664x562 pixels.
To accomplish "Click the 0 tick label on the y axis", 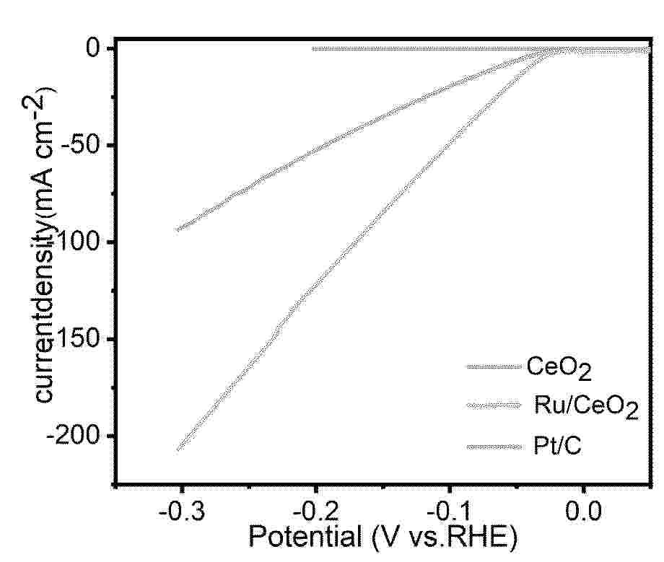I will pyautogui.click(x=94, y=48).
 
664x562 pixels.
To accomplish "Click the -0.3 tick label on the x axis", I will pyautogui.click(x=182, y=515).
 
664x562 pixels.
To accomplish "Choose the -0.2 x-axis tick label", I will pyautogui.click(x=316, y=515).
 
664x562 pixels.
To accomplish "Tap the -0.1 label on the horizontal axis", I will pyautogui.click(x=450, y=515).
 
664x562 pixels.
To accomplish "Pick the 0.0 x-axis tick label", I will pyautogui.click(x=584, y=515).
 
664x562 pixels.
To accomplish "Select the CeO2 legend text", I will pyautogui.click(x=559, y=367).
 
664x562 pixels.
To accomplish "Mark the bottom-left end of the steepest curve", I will pyautogui.click(x=178, y=449).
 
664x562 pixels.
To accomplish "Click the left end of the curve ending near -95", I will pyautogui.click(x=178, y=230).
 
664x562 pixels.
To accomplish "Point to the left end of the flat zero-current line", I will pyautogui.click(x=313, y=49).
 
